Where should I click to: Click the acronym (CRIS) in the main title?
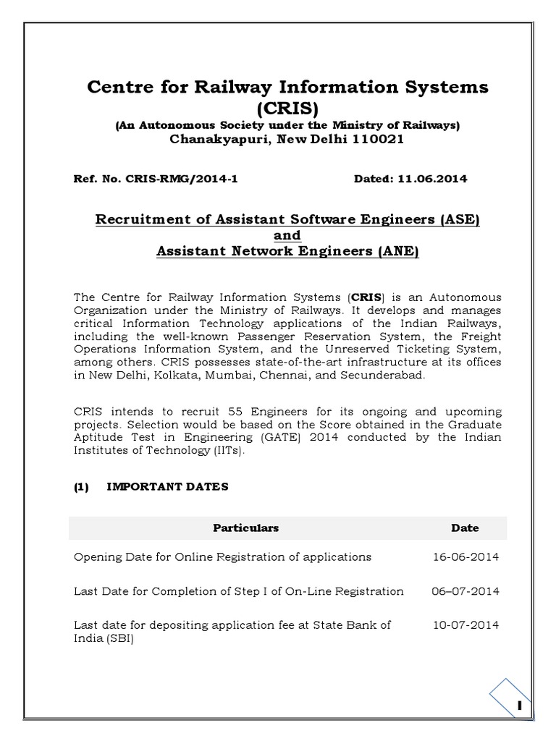287,108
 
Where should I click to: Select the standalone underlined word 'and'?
287,235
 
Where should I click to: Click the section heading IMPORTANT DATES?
167,487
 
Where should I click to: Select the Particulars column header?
245,528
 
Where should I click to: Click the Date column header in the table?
465,528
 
